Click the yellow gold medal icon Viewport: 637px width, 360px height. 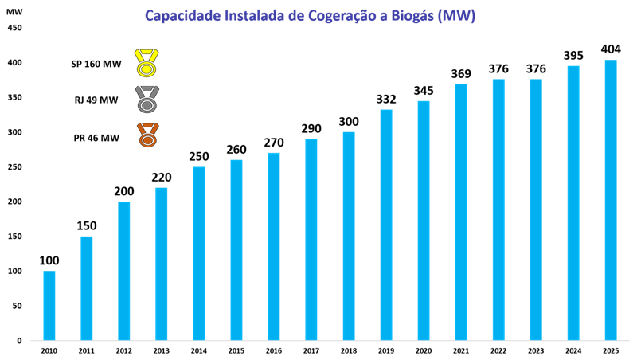(147, 63)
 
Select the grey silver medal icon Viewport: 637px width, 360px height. (147, 100)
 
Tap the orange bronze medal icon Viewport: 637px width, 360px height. (147, 135)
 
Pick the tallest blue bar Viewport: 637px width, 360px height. (611, 200)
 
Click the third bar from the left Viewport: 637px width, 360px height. (124, 271)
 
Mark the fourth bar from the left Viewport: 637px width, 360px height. (162, 264)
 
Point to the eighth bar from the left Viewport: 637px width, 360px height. (311, 240)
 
